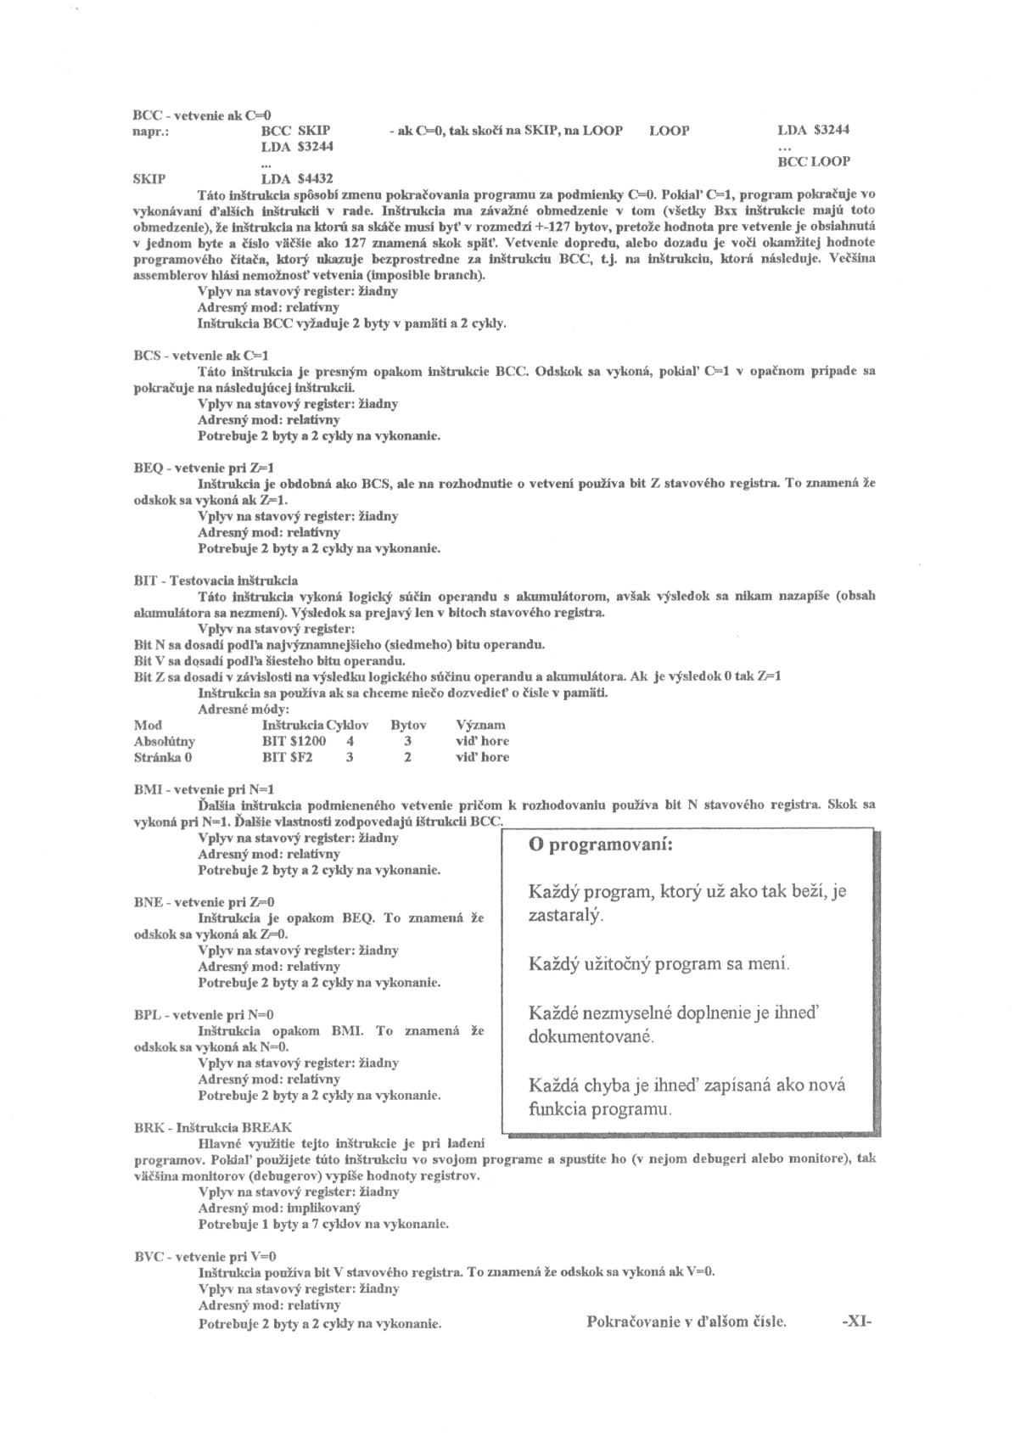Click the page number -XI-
pyautogui.click(x=856, y=1321)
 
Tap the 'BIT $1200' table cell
pyautogui.click(x=294, y=741)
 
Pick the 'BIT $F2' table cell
pyautogui.click(x=288, y=757)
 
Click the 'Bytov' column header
pyautogui.click(x=408, y=725)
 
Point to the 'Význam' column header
pyautogui.click(x=481, y=725)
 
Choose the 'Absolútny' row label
pyautogui.click(x=165, y=741)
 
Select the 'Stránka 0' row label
pyautogui.click(x=164, y=757)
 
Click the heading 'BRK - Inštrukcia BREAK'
pyautogui.click(x=213, y=1127)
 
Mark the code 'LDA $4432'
pyautogui.click(x=298, y=179)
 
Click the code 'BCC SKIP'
pyautogui.click(x=295, y=131)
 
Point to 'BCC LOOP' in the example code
pyautogui.click(x=814, y=161)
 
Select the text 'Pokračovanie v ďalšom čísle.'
pyautogui.click(x=687, y=1321)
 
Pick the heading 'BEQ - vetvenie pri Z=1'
pyautogui.click(x=205, y=468)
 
